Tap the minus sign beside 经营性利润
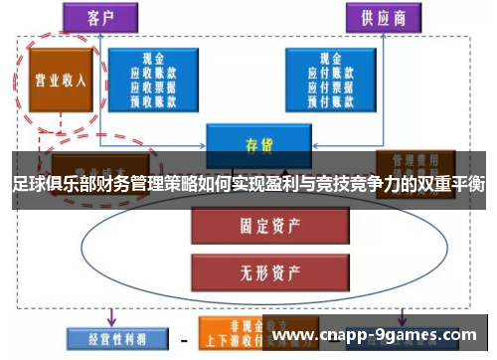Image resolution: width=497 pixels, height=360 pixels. pos(183,339)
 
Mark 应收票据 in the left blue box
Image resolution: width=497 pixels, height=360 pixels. pos(156,86)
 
